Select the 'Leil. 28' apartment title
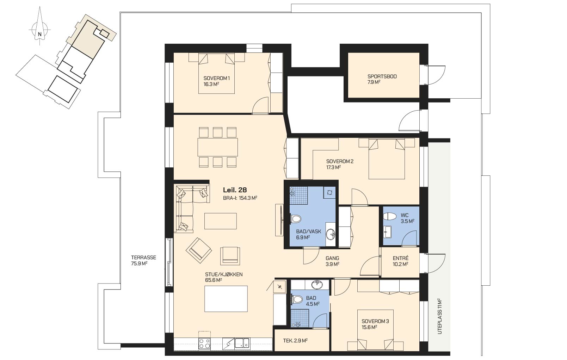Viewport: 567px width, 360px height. point(235,190)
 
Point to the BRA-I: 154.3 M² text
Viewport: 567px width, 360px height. point(240,198)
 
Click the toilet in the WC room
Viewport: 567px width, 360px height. point(390,217)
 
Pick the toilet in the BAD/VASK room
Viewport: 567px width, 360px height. point(295,219)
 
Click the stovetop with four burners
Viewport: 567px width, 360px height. point(204,344)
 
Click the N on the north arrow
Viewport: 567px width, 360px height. point(39,34)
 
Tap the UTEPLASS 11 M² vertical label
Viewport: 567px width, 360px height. point(439,316)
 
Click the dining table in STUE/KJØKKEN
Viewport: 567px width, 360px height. point(218,147)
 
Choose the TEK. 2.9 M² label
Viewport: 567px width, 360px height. point(295,341)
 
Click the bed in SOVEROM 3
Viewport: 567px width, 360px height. point(375,330)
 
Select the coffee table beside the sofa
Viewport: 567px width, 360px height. point(221,221)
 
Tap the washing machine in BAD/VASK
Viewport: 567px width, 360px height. point(329,193)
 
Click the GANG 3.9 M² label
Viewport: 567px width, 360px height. point(332,261)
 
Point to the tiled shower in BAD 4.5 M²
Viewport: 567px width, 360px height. point(300,318)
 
